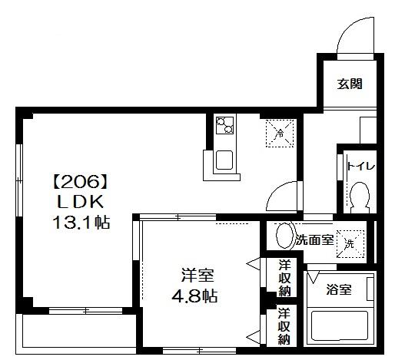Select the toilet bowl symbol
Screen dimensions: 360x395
(x=359, y=199)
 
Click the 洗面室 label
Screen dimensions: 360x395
(x=314, y=239)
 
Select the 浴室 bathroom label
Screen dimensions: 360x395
(x=339, y=289)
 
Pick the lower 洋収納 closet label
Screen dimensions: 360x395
(x=284, y=325)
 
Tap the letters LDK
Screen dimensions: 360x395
(x=76, y=203)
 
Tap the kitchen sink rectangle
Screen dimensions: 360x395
(x=225, y=161)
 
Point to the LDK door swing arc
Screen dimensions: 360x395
(x=286, y=193)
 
